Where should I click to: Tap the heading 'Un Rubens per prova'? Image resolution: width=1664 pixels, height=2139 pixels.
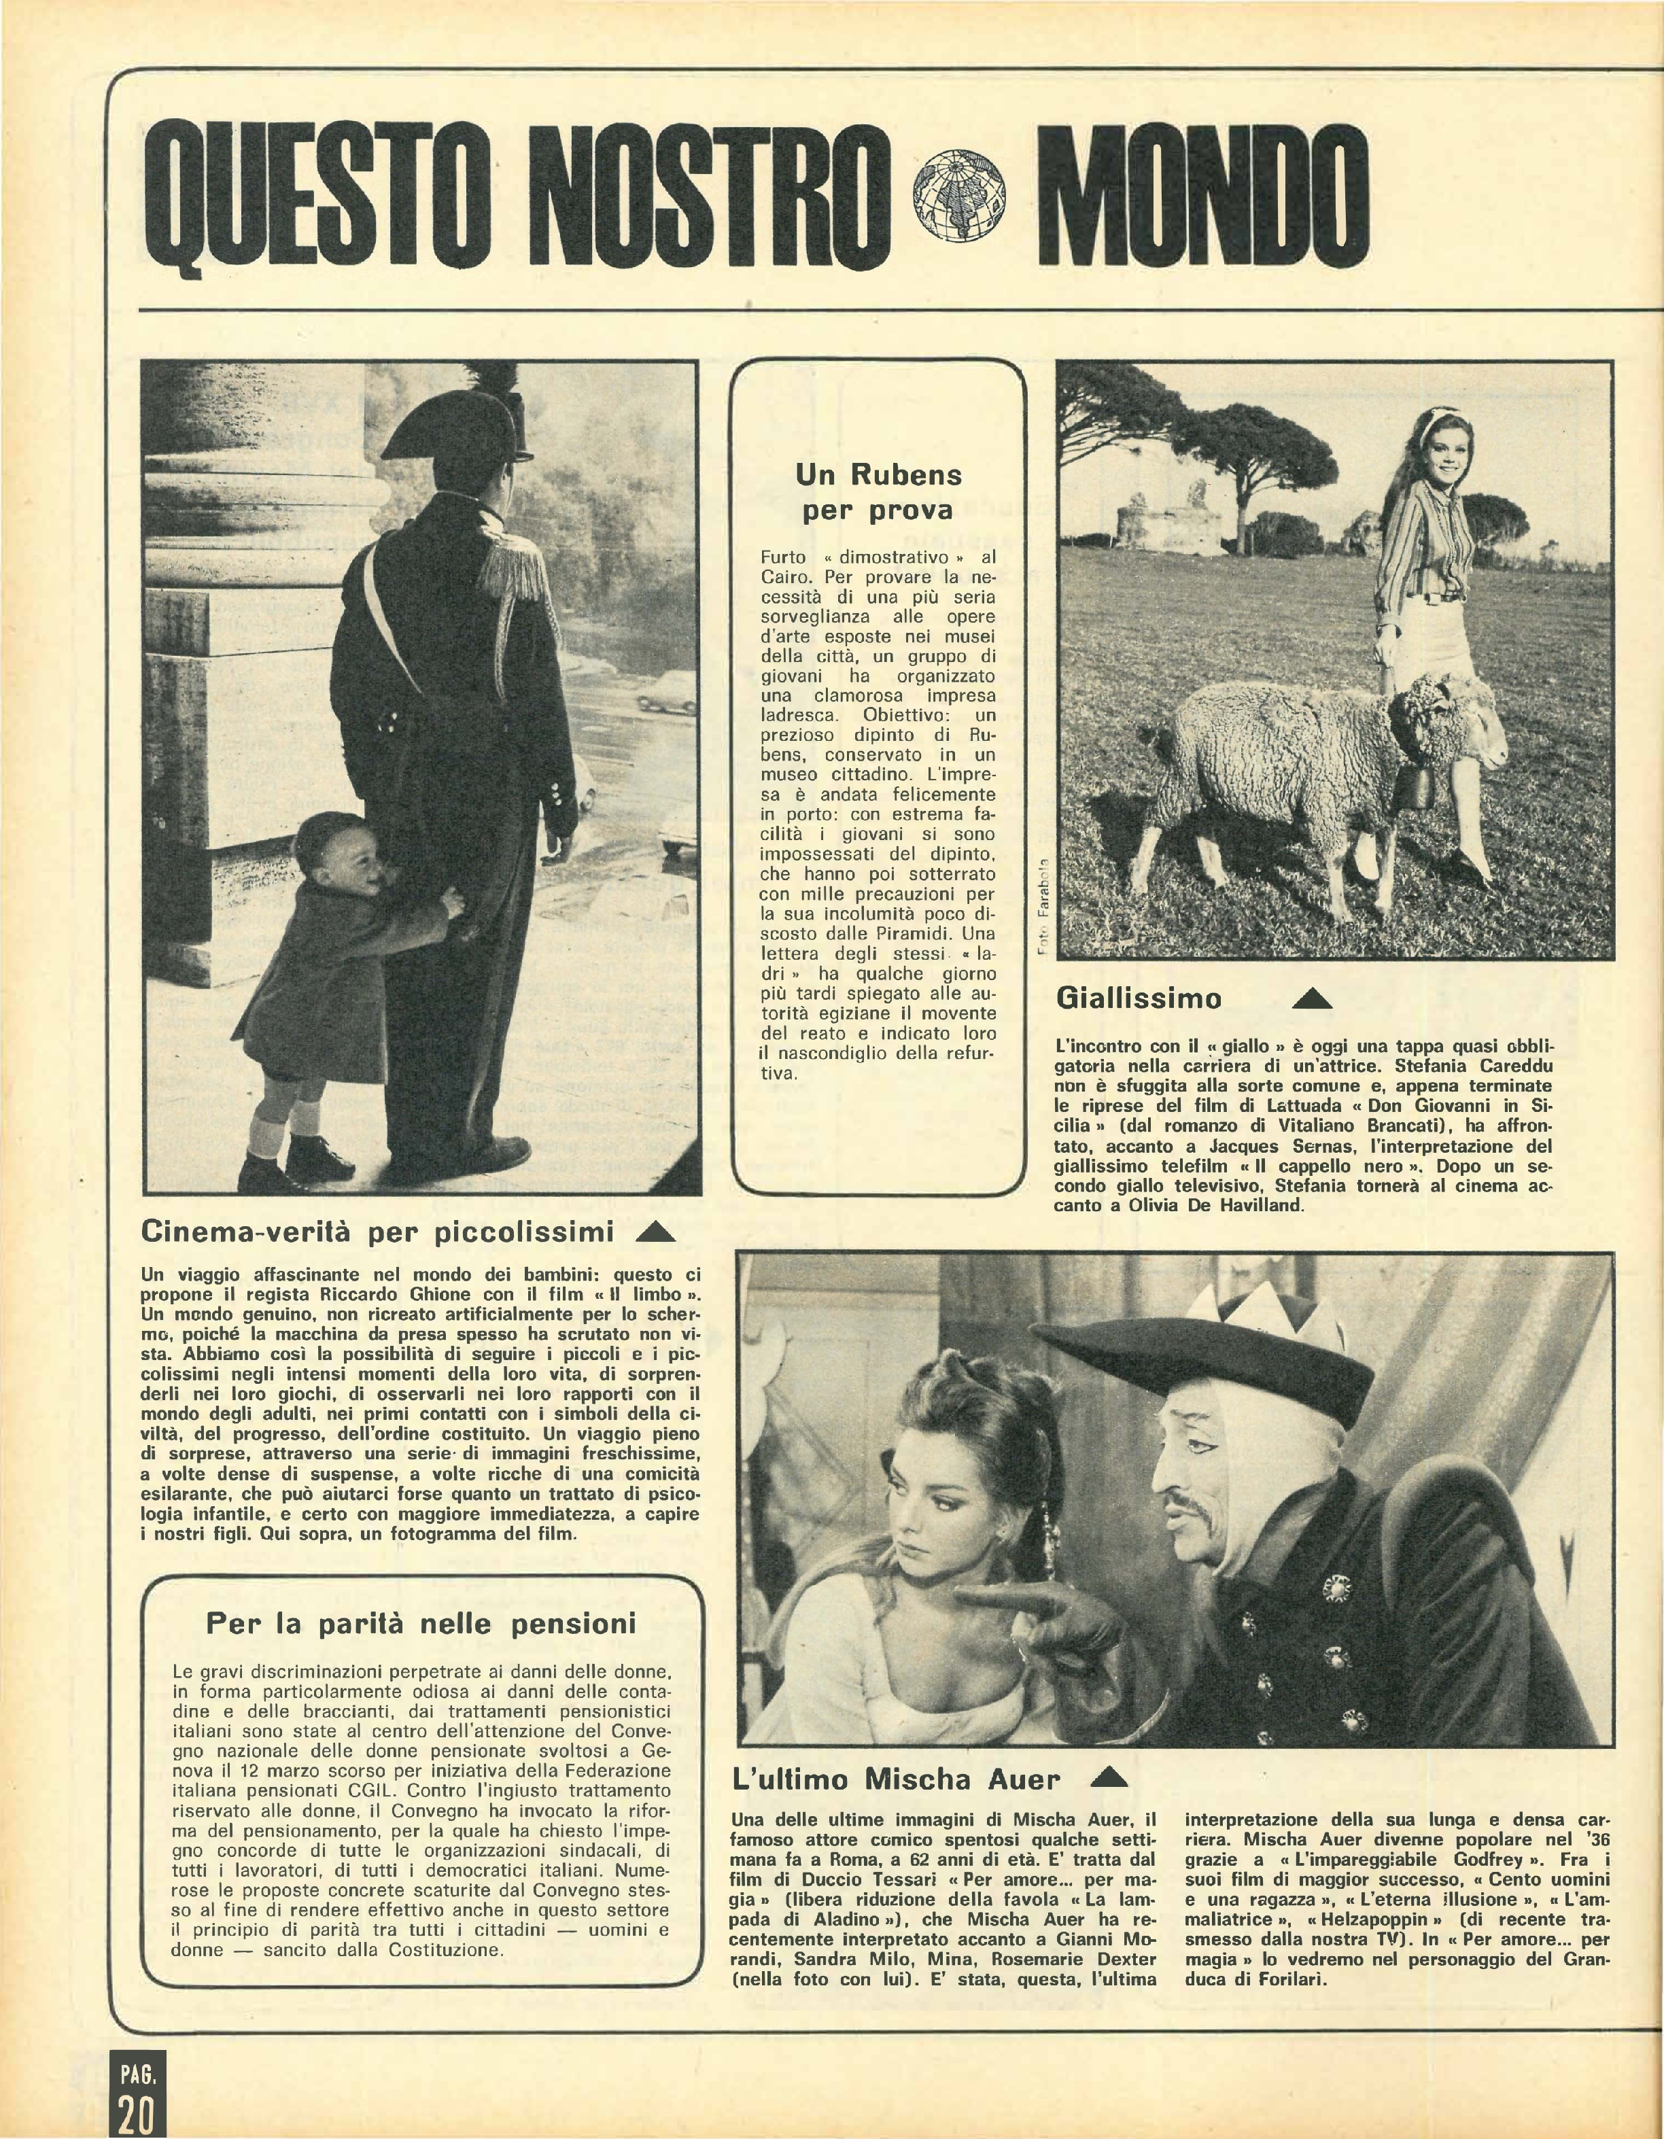(878, 491)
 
